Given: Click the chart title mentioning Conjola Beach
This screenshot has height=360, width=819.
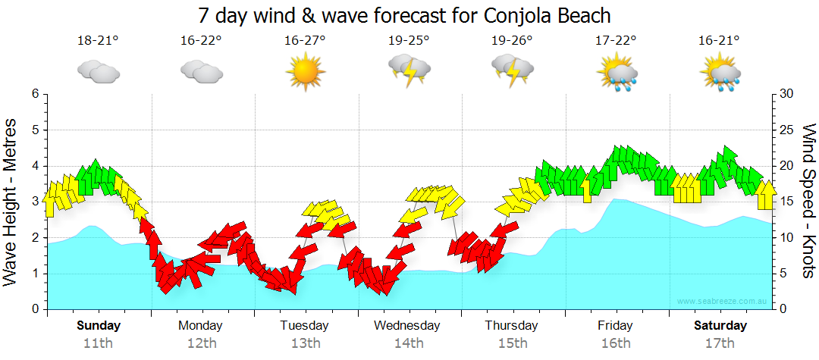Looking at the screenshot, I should pyautogui.click(x=404, y=15).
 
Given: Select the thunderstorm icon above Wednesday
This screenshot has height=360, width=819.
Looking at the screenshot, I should pyautogui.click(x=409, y=70).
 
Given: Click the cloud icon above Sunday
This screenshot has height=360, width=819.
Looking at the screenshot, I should pyautogui.click(x=98, y=72).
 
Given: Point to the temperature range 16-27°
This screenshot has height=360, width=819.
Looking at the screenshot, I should pyautogui.click(x=305, y=40).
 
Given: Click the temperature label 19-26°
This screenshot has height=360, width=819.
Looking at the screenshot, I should pyautogui.click(x=512, y=40).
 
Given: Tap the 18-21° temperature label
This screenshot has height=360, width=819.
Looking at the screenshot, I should pyautogui.click(x=98, y=40).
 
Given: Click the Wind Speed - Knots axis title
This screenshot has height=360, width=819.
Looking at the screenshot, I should pyautogui.click(x=808, y=201).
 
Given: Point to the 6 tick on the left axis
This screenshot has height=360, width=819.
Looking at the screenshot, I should pyautogui.click(x=34, y=94).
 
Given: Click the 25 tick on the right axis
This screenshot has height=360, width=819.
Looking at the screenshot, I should pyautogui.click(x=786, y=130).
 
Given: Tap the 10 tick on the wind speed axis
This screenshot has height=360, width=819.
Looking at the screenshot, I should pyautogui.click(x=786, y=238).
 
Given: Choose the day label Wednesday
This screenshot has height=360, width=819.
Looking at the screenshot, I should pyautogui.click(x=407, y=326).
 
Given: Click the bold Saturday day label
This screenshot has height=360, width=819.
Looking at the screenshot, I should pyautogui.click(x=720, y=326).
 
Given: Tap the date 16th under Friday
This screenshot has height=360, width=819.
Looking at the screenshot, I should pyautogui.click(x=615, y=343).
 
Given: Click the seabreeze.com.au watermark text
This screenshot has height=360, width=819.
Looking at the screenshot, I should pyautogui.click(x=723, y=301).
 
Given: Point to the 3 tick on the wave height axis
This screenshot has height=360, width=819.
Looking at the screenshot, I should pyautogui.click(x=34, y=202).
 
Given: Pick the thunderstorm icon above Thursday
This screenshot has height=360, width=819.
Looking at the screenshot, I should pyautogui.click(x=512, y=70).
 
